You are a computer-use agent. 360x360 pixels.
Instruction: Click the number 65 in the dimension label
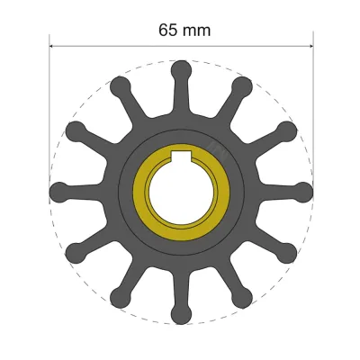tap(168, 30)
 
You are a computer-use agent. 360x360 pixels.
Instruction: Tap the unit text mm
tap(198, 30)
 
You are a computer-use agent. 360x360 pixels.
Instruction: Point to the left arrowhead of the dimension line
tap(52, 46)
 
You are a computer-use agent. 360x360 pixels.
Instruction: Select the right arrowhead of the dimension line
tap(308, 46)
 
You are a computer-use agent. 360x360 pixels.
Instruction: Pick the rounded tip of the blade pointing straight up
tap(180, 68)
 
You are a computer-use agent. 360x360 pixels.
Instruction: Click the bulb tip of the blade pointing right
tap(303, 191)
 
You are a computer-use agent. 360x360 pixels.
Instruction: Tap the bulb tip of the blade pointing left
tap(58, 191)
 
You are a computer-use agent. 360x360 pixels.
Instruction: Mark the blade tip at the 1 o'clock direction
tap(241, 85)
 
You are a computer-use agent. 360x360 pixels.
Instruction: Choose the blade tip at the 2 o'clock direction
tap(286, 130)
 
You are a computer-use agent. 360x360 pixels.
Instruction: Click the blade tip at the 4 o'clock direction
tap(286, 252)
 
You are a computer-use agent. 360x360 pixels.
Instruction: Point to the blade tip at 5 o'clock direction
tap(241, 296)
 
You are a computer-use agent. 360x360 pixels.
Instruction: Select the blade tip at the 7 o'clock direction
tap(119, 296)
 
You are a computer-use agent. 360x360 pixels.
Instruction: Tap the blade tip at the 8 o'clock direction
tap(75, 252)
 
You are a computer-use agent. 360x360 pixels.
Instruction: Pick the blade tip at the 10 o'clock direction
tap(75, 130)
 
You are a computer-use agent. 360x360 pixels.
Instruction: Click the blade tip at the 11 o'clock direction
tap(119, 85)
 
